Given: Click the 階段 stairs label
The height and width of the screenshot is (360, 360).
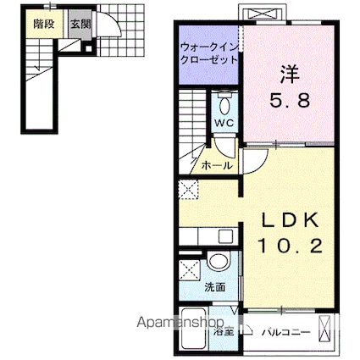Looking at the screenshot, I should (x=43, y=25).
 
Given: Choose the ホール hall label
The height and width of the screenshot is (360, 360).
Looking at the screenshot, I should (x=218, y=166).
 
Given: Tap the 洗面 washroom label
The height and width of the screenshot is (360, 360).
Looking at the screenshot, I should (x=215, y=287).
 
